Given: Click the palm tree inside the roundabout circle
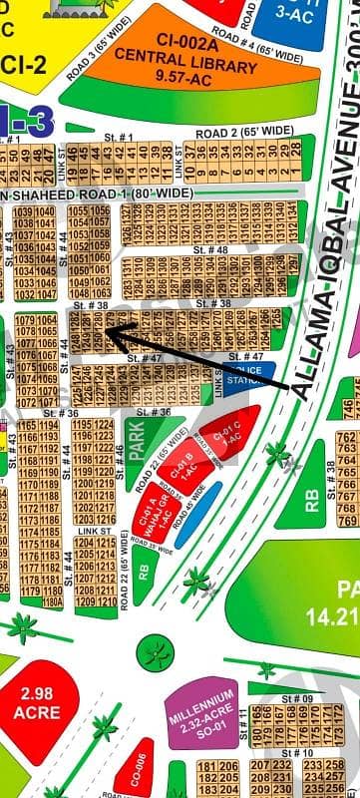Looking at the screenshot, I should (154, 654).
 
